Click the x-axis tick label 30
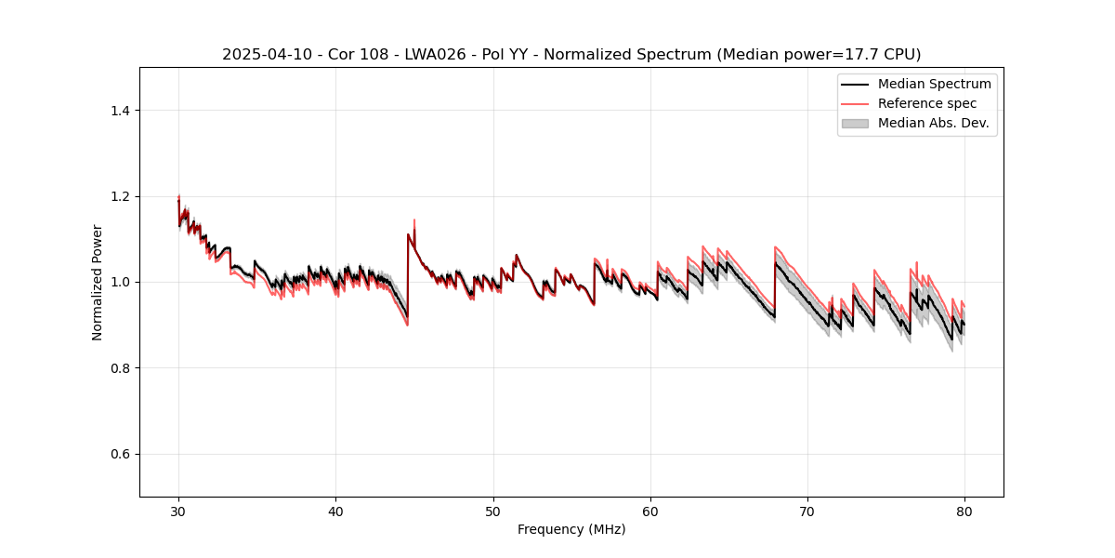178,511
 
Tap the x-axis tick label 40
335,511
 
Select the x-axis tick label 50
493,511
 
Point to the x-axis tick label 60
650,511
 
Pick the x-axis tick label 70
807,511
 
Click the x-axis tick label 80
964,511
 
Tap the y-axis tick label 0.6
120,454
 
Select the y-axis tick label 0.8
120,368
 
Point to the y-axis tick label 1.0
120,282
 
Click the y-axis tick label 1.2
120,196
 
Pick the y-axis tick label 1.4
120,111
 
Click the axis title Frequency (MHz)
571,529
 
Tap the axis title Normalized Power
98,282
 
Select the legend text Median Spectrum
934,84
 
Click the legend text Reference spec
927,103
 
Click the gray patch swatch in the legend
854,123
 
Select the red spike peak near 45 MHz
414,220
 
